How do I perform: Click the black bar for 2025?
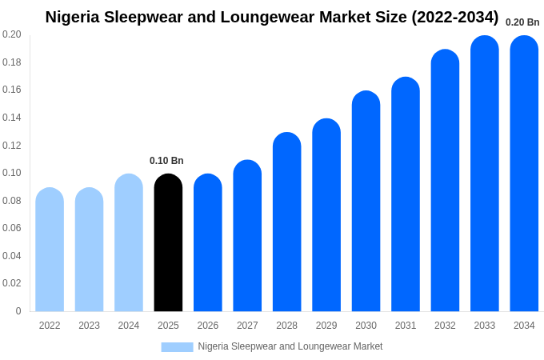tap(168, 243)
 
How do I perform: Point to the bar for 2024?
tap(129, 243)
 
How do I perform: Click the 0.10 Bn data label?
tap(166, 161)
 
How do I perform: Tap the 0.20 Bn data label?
tap(522, 22)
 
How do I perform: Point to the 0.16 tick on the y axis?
tap(12, 90)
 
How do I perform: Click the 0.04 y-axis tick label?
tap(12, 256)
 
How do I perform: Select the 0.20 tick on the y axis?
tap(12, 34)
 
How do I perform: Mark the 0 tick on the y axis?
tap(18, 311)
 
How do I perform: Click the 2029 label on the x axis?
tap(326, 326)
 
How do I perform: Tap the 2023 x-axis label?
tap(89, 326)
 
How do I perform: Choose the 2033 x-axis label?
tap(485, 326)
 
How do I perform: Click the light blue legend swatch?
tap(177, 346)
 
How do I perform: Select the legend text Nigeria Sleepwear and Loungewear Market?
tap(290, 346)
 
